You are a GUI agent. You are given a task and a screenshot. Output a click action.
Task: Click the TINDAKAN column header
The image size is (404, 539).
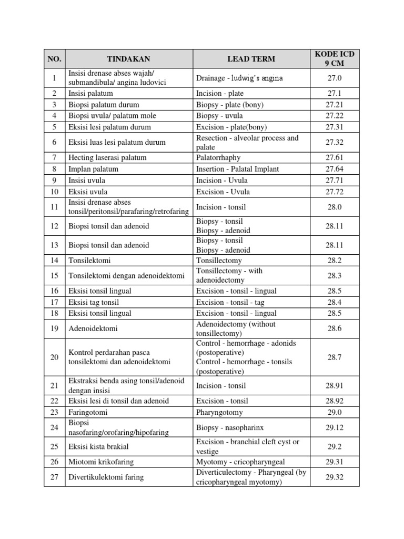click(x=128, y=59)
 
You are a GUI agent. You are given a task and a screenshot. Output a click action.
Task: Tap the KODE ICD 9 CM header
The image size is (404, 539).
click(x=335, y=59)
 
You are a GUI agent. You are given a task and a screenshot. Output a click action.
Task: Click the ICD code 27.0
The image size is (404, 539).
click(x=335, y=78)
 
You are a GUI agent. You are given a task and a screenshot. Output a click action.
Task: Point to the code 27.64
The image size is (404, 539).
click(x=335, y=169)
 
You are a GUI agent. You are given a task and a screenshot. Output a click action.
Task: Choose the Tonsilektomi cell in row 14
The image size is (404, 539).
click(x=89, y=260)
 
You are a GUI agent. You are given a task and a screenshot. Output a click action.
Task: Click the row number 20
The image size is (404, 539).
click(x=54, y=357)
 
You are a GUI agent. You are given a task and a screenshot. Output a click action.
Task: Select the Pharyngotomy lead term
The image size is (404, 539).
click(x=219, y=412)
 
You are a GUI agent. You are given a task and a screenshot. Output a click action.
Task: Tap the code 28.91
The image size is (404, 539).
click(x=335, y=386)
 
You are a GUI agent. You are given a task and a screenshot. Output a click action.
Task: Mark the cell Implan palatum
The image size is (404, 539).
click(x=93, y=169)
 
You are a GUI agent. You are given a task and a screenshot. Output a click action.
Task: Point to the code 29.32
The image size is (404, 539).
click(x=335, y=477)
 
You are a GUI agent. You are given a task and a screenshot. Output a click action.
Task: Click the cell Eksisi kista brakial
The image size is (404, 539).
click(x=98, y=446)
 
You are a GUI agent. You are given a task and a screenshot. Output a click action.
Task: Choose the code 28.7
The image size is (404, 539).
click(x=335, y=357)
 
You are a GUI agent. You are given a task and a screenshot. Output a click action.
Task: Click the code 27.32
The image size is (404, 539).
click(x=335, y=142)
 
